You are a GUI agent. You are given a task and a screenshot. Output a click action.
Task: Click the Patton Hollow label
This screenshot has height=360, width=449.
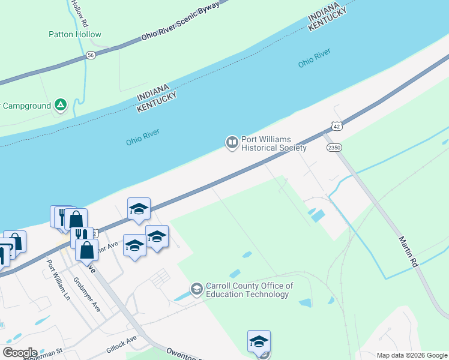point(75,35)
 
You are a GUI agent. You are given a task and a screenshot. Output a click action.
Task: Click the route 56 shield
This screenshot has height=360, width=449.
point(91,55)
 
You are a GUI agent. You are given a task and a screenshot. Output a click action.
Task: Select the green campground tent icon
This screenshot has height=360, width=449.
point(61,106)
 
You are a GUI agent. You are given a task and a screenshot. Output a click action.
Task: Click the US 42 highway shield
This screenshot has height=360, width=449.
point(337,126)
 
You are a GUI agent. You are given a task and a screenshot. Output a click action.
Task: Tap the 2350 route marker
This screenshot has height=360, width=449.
point(333,147)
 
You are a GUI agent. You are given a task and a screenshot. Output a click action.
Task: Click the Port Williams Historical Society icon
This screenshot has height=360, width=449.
point(232,143)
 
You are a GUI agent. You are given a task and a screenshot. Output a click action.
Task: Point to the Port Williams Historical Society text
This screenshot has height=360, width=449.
point(274,143)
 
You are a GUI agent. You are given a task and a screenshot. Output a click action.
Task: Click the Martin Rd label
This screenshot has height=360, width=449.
point(407,251)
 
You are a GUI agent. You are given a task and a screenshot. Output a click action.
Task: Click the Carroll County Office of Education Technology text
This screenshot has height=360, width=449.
point(249,290)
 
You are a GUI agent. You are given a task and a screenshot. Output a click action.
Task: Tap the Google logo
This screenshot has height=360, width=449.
point(20,352)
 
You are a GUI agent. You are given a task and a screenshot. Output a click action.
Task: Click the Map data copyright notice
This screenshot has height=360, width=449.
point(412,355)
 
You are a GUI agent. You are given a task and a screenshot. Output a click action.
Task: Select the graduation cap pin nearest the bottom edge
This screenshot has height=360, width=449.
point(259,341)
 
